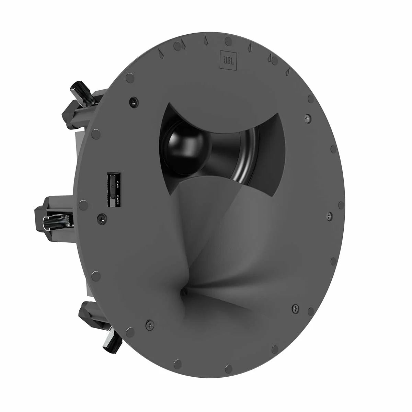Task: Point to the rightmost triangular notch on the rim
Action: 288,71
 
